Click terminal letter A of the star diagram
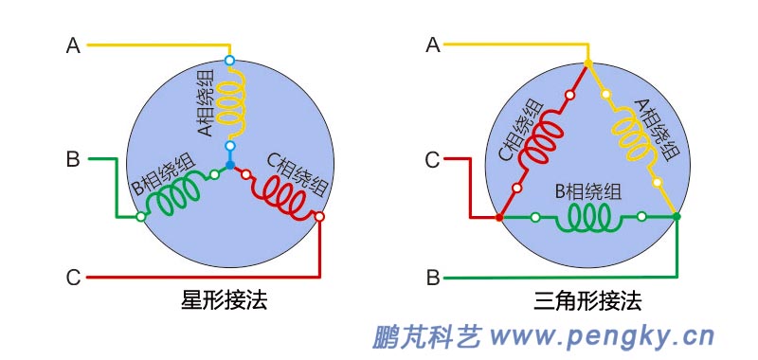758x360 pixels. pyautogui.click(x=73, y=45)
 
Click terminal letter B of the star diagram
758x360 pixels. pyautogui.click(x=73, y=159)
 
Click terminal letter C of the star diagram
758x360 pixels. pyautogui.click(x=73, y=278)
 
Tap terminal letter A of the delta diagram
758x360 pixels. pyautogui.click(x=433, y=45)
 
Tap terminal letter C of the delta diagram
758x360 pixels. pyautogui.click(x=433, y=160)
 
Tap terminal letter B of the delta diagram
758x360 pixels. pyautogui.click(x=433, y=279)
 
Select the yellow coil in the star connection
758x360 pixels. pyautogui.click(x=230, y=103)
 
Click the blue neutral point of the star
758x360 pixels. pyautogui.click(x=230, y=165)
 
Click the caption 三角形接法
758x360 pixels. pyautogui.click(x=587, y=302)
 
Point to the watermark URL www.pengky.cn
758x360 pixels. pyautogui.click(x=602, y=335)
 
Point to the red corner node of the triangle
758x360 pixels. pyautogui.click(x=499, y=218)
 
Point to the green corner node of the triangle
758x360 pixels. pyautogui.click(x=677, y=218)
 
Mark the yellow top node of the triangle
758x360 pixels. pyautogui.click(x=587, y=63)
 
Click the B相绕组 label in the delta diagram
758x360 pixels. pyautogui.click(x=587, y=192)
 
